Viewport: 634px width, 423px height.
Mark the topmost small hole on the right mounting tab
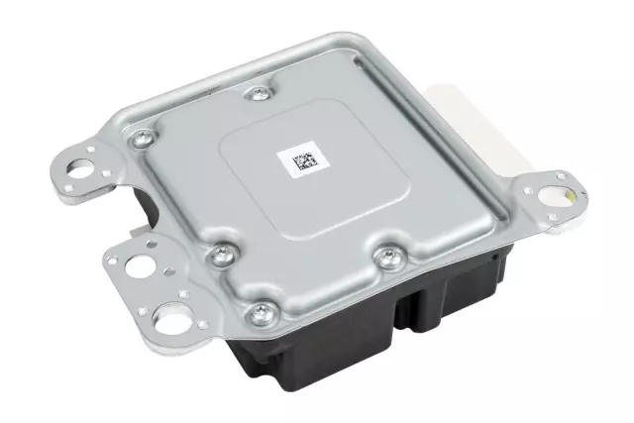[x=562, y=175]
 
